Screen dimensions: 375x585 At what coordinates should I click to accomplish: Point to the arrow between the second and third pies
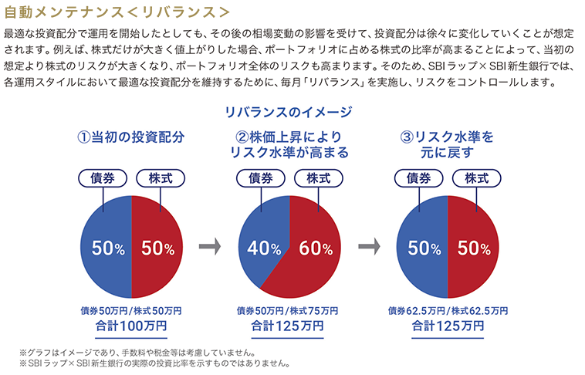369,248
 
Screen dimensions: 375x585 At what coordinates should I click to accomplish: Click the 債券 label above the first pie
101,178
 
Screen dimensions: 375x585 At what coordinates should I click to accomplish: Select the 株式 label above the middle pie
319,178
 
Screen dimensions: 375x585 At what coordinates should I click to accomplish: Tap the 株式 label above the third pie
476,178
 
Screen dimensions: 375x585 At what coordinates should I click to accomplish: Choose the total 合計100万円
131,326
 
